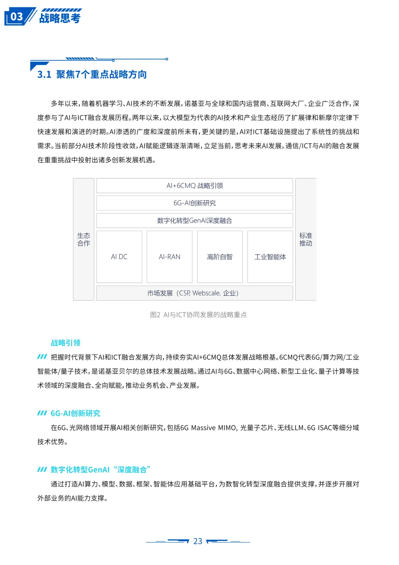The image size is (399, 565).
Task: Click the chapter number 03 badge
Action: [x=17, y=17]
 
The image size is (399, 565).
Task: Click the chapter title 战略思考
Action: [x=60, y=18]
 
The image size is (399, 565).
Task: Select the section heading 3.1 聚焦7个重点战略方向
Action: [x=92, y=75]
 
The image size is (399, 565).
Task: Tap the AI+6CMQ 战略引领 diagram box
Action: [x=195, y=186]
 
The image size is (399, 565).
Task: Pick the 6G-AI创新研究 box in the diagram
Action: [x=195, y=203]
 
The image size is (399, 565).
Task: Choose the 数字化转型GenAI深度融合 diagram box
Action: [x=195, y=220]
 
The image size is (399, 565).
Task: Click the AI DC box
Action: [x=119, y=257]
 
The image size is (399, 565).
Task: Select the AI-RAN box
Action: [x=170, y=257]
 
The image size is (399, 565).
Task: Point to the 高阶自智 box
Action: [x=220, y=257]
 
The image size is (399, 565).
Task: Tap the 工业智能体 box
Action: [x=270, y=257]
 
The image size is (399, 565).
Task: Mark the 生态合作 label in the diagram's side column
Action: [x=83, y=240]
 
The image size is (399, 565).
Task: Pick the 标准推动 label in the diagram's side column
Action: [x=306, y=240]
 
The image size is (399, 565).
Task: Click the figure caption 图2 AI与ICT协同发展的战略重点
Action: [x=198, y=315]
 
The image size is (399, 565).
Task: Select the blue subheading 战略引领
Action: [x=65, y=343]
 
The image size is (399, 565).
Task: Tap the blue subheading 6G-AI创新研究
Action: [x=75, y=413]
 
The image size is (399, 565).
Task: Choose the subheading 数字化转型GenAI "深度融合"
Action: [x=100, y=470]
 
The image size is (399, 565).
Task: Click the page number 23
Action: [x=198, y=541]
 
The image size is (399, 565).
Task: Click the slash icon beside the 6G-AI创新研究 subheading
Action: [x=42, y=413]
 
